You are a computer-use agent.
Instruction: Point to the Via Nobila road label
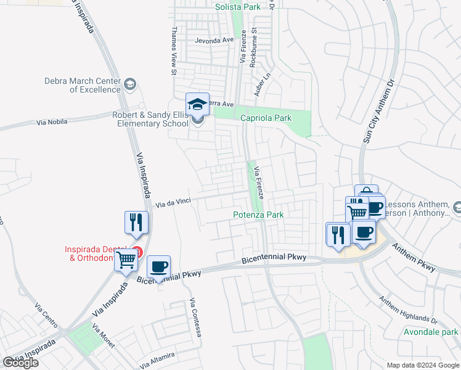point(52,123)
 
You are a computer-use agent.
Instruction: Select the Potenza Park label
point(258,215)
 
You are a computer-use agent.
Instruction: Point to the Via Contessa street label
point(196,317)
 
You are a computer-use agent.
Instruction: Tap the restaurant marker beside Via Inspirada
point(136,223)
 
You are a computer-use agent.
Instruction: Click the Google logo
point(21,363)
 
